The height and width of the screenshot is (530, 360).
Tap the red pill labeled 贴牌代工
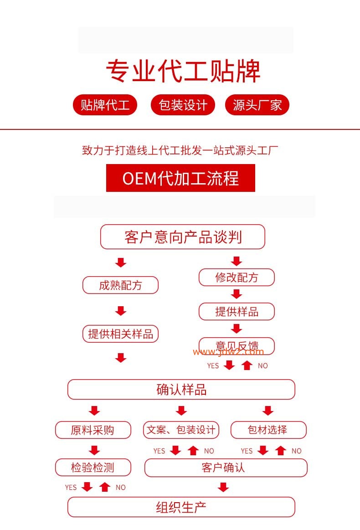coord(105,105)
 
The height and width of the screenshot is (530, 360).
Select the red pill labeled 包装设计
coord(183,105)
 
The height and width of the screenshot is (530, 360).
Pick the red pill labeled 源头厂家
coord(257,105)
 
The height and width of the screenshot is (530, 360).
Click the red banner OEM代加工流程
coord(180,178)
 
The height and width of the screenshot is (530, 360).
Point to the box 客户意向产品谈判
coord(182,237)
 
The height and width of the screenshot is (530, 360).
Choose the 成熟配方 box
coord(120,285)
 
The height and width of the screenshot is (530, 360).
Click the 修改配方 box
coord(237,278)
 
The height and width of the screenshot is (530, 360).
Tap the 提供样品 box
coord(237,312)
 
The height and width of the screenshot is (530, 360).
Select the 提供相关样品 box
coord(120,334)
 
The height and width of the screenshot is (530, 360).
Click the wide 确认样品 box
coord(181,390)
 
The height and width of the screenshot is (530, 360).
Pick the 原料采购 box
coord(93,430)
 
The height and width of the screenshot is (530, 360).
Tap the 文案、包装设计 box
coord(181,430)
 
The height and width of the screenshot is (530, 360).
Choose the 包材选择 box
coord(268,430)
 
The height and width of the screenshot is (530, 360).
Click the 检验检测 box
coord(93,468)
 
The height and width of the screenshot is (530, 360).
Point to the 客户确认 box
coord(226,468)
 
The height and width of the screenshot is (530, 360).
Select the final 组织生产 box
coord(181,507)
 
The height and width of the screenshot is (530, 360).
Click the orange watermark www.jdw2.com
coord(228,352)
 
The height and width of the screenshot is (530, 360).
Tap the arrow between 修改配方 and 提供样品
coord(237,294)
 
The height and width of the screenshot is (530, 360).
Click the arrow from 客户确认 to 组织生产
coord(223,488)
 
